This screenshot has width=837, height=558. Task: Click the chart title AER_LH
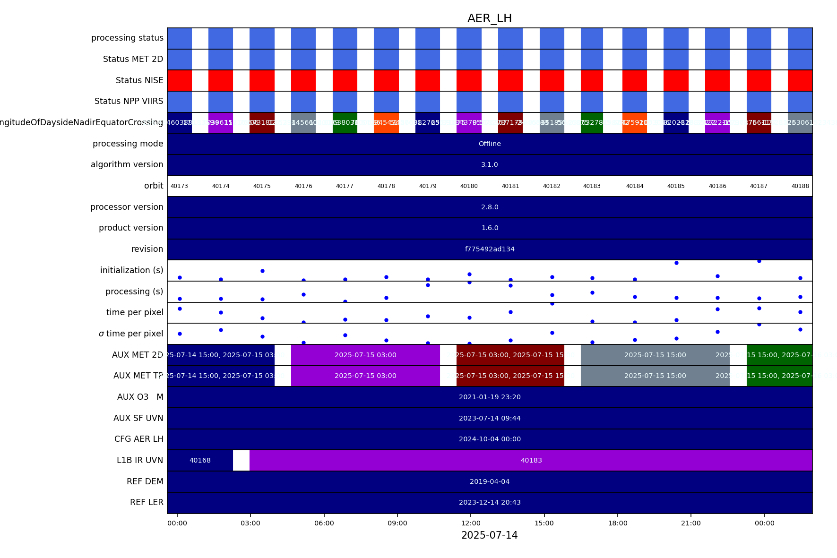coord(489,18)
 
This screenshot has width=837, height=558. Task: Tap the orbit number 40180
coord(469,186)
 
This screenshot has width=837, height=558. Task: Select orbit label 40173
coord(179,186)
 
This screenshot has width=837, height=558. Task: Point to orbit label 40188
coord(800,186)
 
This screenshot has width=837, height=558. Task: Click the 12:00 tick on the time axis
coord(471,523)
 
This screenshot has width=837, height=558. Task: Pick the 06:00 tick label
coord(324,523)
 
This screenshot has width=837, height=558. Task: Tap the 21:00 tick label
coord(690,523)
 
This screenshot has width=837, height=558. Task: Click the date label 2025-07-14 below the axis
coord(489,535)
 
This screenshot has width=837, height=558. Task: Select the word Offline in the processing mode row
coord(490,144)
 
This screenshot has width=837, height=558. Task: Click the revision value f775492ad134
coord(490,249)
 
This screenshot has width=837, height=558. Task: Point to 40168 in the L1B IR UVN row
coord(200,460)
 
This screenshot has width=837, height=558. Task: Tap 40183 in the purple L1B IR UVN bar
coord(531,460)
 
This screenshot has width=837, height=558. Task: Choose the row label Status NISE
coord(139,80)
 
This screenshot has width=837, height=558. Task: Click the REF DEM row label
coord(145,481)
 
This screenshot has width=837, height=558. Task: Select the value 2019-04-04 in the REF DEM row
coord(490,481)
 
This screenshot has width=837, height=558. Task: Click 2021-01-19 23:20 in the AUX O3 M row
coord(490,397)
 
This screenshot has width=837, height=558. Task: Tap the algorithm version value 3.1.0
coord(490,164)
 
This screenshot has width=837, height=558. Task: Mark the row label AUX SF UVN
coord(138,418)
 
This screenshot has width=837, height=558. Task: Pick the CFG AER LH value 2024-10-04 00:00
coord(490,439)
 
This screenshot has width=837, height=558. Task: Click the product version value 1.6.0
coord(490,228)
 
